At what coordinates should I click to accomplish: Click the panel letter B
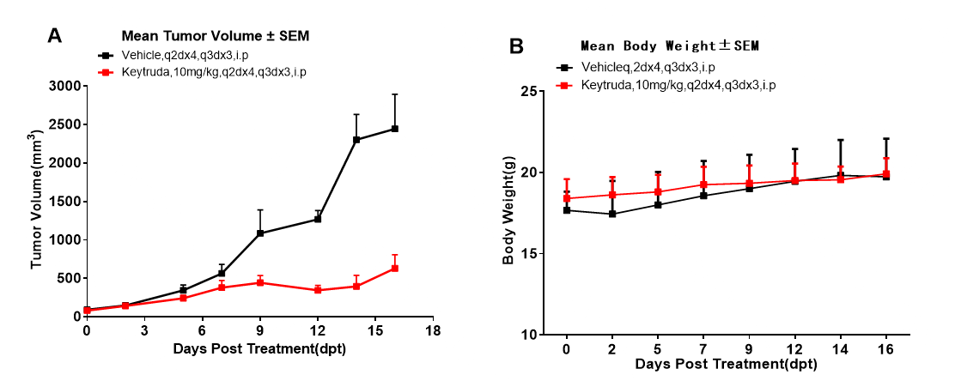tap(517, 46)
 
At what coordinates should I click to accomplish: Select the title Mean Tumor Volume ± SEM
tap(215, 36)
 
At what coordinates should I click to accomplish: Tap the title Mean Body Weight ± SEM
tap(670, 45)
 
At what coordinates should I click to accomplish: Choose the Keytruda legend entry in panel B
tap(678, 85)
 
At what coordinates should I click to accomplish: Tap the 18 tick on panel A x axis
tap(434, 330)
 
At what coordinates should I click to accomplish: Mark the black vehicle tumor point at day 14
tap(356, 139)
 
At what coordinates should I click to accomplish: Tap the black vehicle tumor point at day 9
tap(259, 233)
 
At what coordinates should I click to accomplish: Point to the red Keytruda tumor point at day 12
tap(318, 290)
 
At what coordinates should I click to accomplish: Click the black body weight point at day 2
tap(611, 214)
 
